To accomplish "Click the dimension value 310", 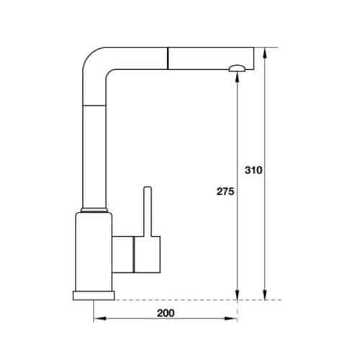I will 253,171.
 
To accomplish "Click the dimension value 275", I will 224,193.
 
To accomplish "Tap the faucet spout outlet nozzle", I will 238,68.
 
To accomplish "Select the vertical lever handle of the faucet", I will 148,212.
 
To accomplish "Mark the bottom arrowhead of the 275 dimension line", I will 238,294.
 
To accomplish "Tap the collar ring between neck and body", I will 96,210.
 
